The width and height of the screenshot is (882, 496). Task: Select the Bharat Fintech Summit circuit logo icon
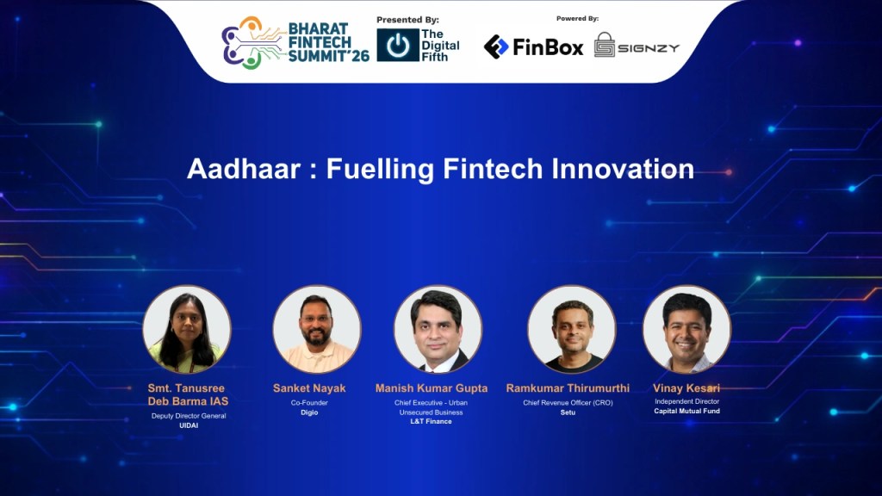pos(252,43)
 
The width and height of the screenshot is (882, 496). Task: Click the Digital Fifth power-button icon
pos(397,46)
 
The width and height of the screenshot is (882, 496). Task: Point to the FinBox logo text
pos(549,46)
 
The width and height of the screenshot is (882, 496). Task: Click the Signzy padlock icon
pos(605,45)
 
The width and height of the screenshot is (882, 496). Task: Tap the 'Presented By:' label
pos(407,19)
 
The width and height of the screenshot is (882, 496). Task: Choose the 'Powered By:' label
pos(577,18)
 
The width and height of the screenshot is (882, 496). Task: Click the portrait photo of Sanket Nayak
pos(317,329)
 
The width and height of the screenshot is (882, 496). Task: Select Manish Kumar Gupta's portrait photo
pos(438,329)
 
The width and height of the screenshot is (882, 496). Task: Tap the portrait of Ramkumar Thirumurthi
pos(571,329)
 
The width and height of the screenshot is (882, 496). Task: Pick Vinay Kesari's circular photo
pos(686,329)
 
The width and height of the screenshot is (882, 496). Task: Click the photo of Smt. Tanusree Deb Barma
pos(187,329)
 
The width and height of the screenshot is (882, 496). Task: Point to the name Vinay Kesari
pos(686,388)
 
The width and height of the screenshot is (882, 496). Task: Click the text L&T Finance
pos(432,422)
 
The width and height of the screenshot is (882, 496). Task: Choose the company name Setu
pos(568,412)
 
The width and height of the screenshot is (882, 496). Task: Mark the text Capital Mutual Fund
pos(686,412)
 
